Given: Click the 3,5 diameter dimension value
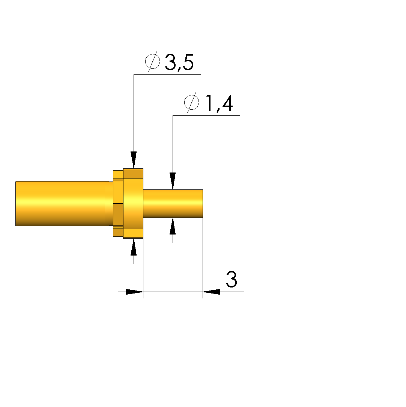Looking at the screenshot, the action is tap(179, 62).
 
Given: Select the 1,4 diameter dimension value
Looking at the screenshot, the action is tap(219, 103).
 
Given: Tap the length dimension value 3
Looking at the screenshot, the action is tap(232, 279).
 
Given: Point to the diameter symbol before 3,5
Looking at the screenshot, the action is tap(153, 61).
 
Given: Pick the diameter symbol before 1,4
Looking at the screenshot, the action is tap(192, 102).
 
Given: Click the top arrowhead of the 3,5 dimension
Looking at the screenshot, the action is tap(134, 160).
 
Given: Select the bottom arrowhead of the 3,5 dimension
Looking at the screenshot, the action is tap(134, 247).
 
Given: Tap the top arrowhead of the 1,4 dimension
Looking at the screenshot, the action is tap(173, 181).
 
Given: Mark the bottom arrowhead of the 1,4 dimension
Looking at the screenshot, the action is tap(173, 226).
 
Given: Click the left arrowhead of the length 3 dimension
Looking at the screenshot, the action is tap(134, 292).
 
